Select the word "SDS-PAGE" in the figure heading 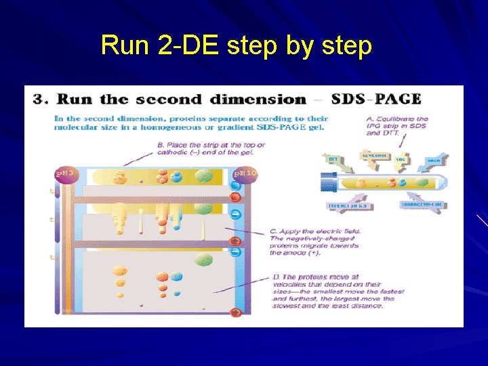[390, 99]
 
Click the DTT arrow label [333, 159]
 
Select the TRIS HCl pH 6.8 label [347, 205]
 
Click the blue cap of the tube [327, 182]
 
